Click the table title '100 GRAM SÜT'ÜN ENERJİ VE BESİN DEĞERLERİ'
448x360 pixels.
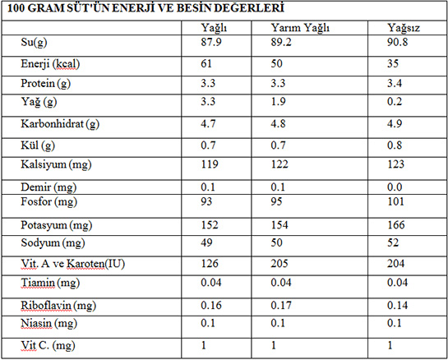coord(145,8)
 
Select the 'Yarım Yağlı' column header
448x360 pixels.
coord(300,28)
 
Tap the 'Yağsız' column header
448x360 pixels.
coord(404,28)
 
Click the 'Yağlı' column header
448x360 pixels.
coord(214,28)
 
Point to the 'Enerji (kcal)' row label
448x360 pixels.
coord(50,64)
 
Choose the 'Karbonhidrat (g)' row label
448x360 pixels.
coord(60,124)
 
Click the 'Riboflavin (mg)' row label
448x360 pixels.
coord(58,306)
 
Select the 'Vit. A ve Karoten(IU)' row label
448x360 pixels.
coord(73,264)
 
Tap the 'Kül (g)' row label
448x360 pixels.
coord(38,145)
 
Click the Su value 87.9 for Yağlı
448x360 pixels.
coord(211,42)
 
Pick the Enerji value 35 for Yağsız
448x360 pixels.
coord(393,63)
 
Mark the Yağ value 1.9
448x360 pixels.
coord(278,101)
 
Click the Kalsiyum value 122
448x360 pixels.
coord(279,164)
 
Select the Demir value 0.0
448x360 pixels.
coord(395,187)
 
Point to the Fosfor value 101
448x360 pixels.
coord(395,201)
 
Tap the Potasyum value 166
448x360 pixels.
coord(396,225)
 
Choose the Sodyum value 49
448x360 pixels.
coord(206,242)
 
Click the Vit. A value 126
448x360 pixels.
coord(210,264)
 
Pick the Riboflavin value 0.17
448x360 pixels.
coord(281,306)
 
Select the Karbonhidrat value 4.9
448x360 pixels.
coord(395,124)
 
